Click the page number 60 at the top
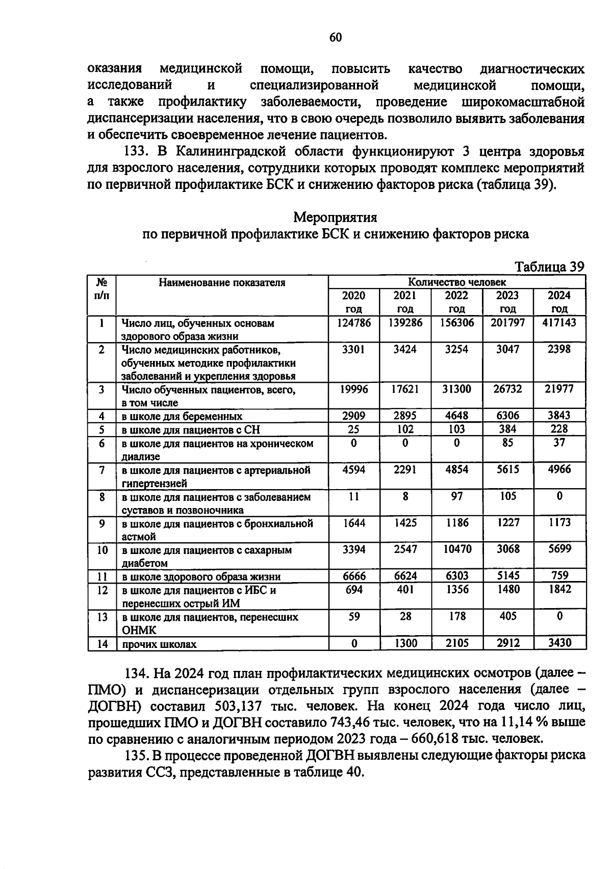click(336, 37)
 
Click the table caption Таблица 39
click(549, 267)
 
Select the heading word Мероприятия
click(335, 217)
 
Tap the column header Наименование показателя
click(222, 283)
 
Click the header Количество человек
click(457, 282)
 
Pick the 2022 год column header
click(456, 302)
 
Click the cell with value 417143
click(559, 323)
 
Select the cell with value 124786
click(354, 323)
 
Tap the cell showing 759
click(559, 575)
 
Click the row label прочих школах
click(159, 644)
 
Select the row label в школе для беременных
click(182, 417)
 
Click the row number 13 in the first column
click(102, 617)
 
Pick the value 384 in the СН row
click(507, 429)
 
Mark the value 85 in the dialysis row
click(507, 443)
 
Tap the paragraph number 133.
click(137, 152)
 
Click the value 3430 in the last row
click(559, 643)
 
